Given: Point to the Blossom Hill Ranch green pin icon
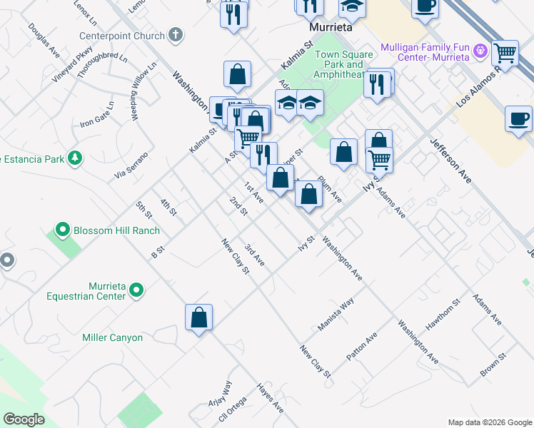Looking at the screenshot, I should click(x=62, y=230).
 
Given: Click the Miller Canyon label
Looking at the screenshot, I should click(x=112, y=337).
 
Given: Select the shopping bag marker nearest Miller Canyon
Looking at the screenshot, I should click(x=199, y=317).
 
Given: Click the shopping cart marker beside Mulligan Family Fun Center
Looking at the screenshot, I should click(x=505, y=51).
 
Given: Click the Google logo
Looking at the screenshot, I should click(x=24, y=419).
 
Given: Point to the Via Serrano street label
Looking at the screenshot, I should click(x=131, y=165).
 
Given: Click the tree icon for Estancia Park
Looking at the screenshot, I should click(x=74, y=158).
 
